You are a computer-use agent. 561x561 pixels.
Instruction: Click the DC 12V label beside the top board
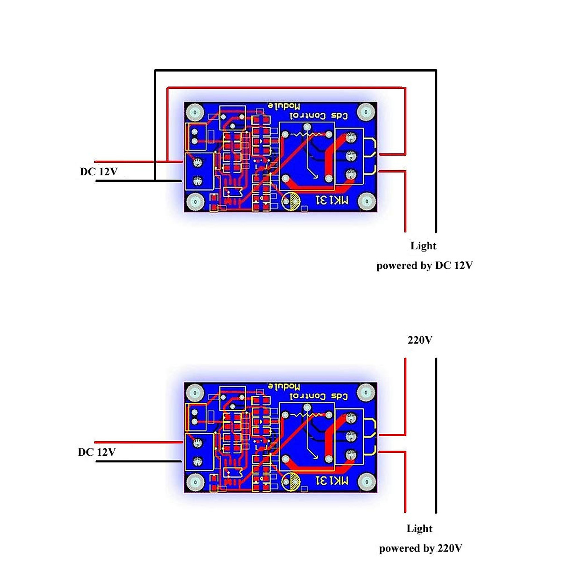pos(98,172)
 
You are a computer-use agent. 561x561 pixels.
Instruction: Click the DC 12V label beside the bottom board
pos(97,452)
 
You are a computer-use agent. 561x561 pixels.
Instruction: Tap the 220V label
pos(420,340)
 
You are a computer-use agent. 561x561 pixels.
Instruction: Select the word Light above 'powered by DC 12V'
pos(423,246)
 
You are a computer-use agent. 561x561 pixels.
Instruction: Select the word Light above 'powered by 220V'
pos(419,529)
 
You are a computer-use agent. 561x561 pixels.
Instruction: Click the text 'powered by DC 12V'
pos(424,266)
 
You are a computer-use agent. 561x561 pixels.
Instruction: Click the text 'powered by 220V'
pos(421,548)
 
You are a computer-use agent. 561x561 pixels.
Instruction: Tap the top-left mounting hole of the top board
pos(195,113)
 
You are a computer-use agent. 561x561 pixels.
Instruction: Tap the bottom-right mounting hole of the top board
pos(366,202)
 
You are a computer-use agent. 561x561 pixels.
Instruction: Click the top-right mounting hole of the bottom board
pos(366,391)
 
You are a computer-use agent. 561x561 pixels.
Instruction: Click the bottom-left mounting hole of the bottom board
pos(195,482)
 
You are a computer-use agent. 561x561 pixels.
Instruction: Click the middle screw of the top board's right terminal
pos(351,155)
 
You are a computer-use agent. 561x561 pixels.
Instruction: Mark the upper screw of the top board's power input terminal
pos(197,163)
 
